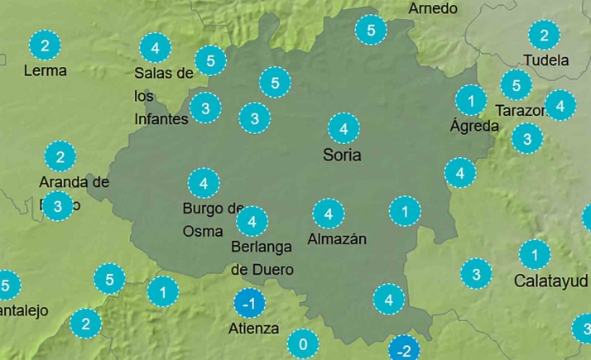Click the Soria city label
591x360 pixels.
point(342,155)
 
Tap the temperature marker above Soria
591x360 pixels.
point(343,129)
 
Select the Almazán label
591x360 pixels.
point(336,239)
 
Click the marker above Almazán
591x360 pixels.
point(329,214)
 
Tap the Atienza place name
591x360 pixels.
point(254,329)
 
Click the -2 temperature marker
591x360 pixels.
point(404,349)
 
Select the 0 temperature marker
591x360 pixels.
point(303,343)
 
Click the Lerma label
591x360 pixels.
point(46,70)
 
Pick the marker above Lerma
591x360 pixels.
point(45,45)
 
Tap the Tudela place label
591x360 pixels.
point(546,60)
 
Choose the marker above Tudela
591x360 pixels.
point(544,36)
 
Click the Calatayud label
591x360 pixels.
point(550,280)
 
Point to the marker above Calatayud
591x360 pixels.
point(535,254)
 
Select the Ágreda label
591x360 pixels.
point(474,126)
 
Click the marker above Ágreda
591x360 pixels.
point(471,101)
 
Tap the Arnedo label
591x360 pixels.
point(433,8)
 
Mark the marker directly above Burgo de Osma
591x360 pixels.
point(204,182)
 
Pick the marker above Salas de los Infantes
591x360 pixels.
point(155,46)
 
